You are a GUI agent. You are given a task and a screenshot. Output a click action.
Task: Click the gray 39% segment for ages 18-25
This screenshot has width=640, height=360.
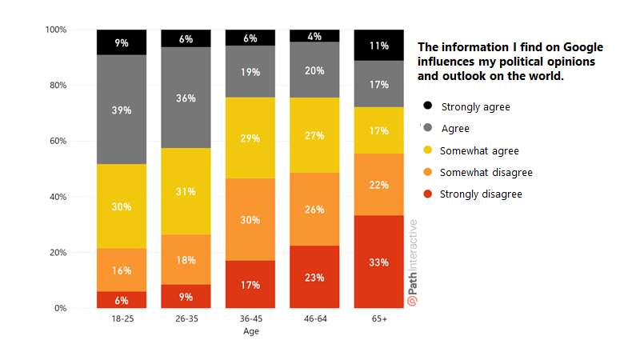coord(122,110)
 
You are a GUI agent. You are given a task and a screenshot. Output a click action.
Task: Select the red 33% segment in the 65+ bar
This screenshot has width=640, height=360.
coord(379,262)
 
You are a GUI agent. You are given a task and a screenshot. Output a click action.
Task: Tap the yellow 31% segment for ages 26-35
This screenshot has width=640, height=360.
coord(186,191)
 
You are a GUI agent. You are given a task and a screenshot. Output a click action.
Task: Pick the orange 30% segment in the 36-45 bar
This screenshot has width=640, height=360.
coord(250,219)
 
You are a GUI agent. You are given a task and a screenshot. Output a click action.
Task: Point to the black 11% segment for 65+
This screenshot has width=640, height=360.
coord(379,46)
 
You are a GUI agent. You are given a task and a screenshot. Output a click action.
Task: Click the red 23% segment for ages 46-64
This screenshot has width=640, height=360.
coord(314,277)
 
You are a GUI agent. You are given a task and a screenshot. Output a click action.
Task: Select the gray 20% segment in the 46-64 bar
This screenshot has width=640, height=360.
coord(314,70)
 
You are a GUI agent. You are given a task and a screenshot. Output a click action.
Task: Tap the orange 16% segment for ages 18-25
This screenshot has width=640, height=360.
coord(122,270)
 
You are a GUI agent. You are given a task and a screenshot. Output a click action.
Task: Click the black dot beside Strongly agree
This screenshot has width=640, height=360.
coord(428,106)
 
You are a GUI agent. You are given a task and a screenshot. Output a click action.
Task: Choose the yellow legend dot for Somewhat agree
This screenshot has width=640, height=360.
coord(428,150)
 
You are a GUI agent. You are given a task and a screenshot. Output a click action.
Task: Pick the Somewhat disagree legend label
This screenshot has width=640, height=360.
coord(486,172)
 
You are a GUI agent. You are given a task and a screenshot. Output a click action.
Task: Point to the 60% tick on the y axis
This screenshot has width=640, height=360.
coord(56,142)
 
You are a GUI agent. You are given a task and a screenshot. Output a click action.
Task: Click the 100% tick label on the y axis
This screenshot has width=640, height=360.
coord(54,30)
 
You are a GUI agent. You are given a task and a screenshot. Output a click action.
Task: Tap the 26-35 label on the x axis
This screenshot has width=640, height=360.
coord(186,319)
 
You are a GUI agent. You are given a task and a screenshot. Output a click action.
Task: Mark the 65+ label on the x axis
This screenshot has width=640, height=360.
coord(379,319)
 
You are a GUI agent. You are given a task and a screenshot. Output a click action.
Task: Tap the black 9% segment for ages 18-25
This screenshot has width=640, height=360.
coord(122,42)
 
